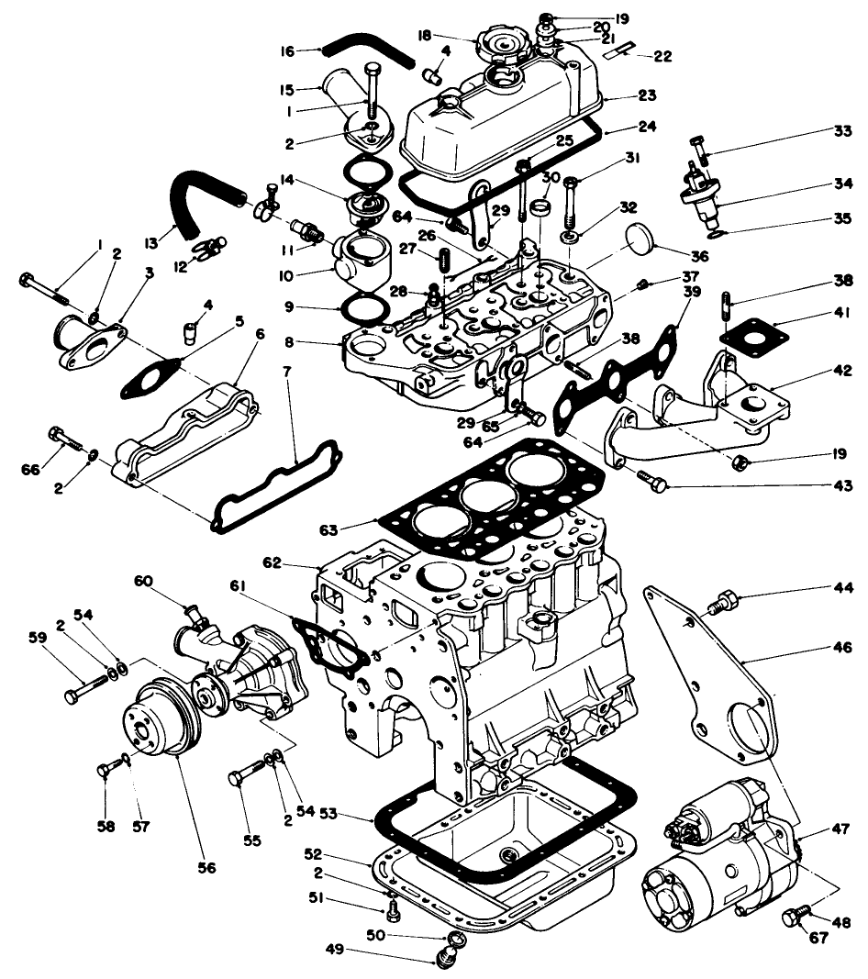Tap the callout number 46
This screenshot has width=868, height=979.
click(841, 646)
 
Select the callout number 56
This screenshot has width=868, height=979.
click(208, 867)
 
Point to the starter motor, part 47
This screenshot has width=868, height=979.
click(716, 853)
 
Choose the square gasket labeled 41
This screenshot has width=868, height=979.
click(754, 337)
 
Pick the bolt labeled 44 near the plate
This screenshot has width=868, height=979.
click(720, 604)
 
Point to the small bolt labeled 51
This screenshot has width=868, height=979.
click(393, 910)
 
